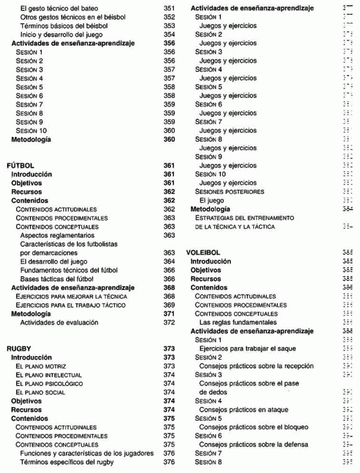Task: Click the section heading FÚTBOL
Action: click(20, 164)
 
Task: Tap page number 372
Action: click(169, 322)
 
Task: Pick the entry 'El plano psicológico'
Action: click(49, 383)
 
